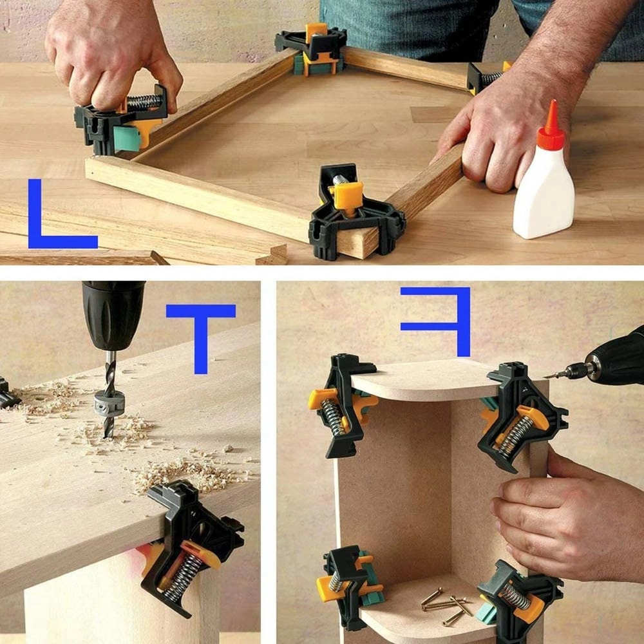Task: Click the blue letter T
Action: [201, 332]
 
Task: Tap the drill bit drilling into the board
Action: [109, 386]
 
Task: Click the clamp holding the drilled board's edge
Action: [190, 541]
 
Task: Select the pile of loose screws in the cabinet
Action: [448, 605]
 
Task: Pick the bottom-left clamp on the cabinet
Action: [348, 583]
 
